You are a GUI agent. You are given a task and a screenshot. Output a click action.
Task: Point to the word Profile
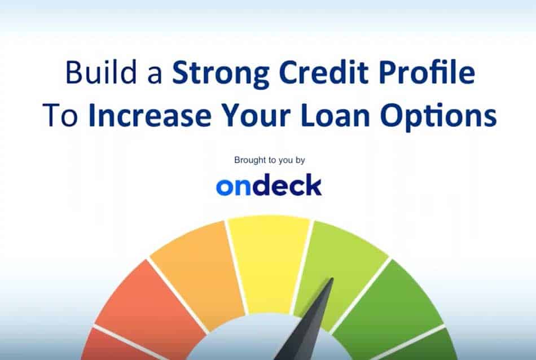427,72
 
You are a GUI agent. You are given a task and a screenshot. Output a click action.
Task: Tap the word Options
438,117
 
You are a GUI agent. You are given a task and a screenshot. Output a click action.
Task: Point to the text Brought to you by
269,160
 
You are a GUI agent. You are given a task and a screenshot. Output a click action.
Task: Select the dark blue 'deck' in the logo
287,185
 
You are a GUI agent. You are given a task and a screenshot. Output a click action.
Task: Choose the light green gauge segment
342,267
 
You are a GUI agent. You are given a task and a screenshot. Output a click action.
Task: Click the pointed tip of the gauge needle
332,278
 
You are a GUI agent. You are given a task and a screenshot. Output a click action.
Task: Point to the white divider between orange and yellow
236,267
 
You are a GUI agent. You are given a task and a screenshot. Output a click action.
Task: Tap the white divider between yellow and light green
302,267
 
